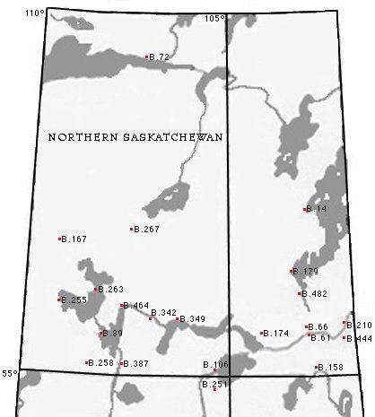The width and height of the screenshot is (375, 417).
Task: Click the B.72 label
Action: coord(160,56)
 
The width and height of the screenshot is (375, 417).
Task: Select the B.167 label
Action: coord(74,239)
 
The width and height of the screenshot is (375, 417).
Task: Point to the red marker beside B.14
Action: coord(306,209)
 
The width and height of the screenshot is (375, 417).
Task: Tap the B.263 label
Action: coord(111,289)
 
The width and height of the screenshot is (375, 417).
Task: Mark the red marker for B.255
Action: coord(59,300)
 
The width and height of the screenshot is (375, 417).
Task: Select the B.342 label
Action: coord(165,312)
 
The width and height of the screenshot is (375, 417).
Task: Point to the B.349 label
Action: coord(193,318)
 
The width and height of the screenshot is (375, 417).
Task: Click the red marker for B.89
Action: coord(101,334)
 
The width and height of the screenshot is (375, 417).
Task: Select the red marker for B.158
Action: coord(318,367)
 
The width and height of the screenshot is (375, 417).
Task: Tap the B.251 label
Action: coord(215,384)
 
